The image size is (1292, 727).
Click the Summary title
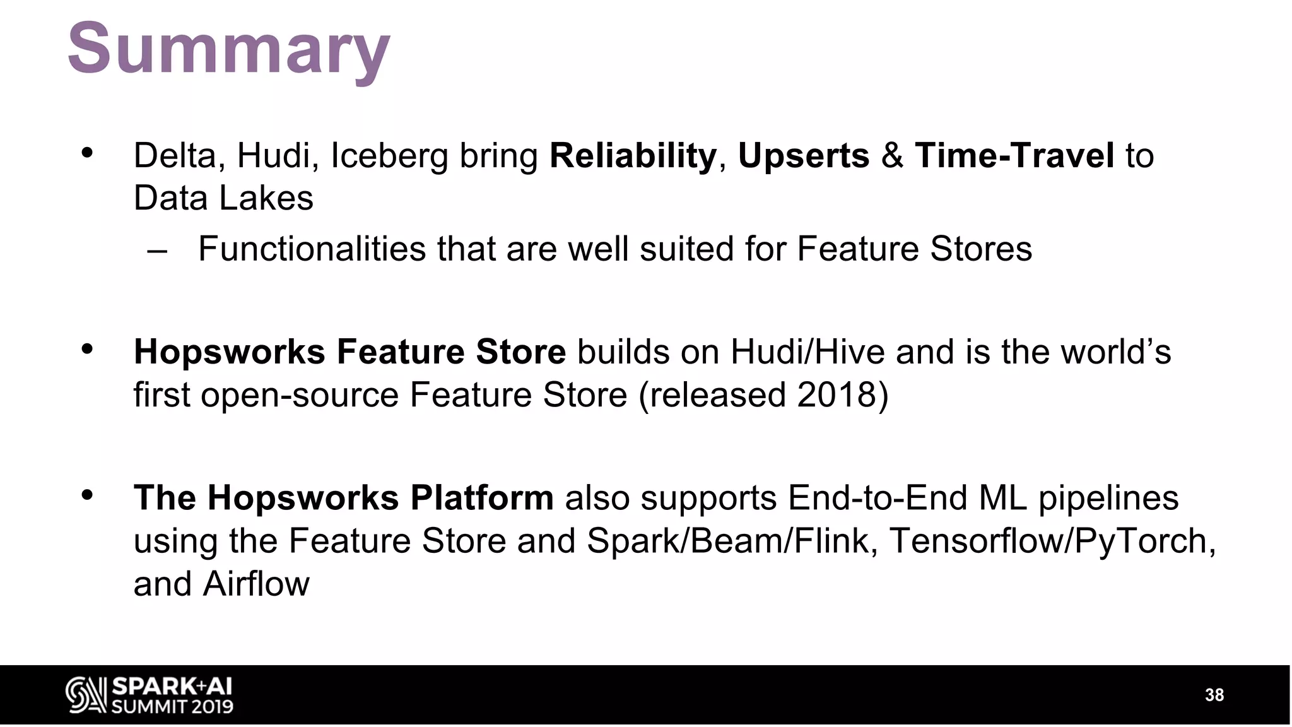[x=228, y=49]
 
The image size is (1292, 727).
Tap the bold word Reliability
[x=633, y=156]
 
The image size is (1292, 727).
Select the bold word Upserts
[x=803, y=156]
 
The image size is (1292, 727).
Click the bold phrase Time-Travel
[x=1014, y=156]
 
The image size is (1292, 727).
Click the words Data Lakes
[x=223, y=198]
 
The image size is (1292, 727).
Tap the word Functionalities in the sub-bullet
[x=312, y=249]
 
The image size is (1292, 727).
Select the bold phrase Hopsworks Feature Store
[x=349, y=352]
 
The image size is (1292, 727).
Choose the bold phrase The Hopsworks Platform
[x=343, y=498]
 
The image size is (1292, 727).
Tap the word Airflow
[x=255, y=584]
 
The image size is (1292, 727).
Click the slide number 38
[x=1214, y=695]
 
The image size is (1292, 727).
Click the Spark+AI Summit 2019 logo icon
[x=86, y=695]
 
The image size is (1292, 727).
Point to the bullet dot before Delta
[x=87, y=153]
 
